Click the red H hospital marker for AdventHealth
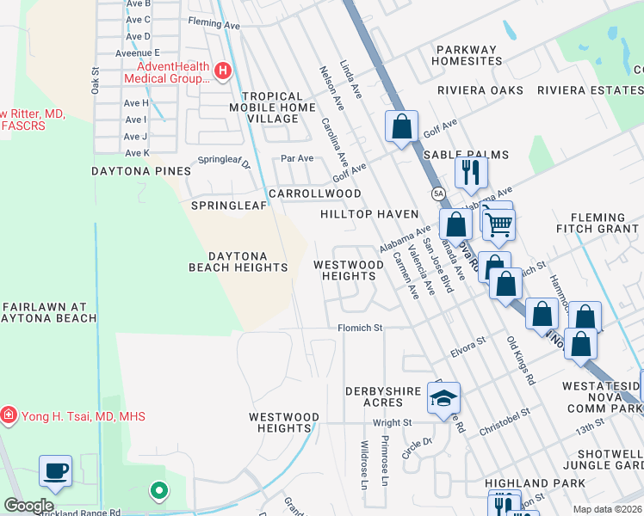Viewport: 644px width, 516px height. [223, 71]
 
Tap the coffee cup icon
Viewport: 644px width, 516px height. [55, 470]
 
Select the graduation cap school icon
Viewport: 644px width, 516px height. [443, 397]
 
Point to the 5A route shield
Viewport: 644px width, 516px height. [438, 193]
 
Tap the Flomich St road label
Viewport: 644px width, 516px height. [359, 328]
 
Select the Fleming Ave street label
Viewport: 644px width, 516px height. [214, 26]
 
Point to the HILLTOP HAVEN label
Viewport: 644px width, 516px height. [368, 213]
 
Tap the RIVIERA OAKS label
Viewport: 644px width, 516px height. [480, 90]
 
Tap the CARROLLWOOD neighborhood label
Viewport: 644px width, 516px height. [314, 193]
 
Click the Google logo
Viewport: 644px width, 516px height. [28, 506]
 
